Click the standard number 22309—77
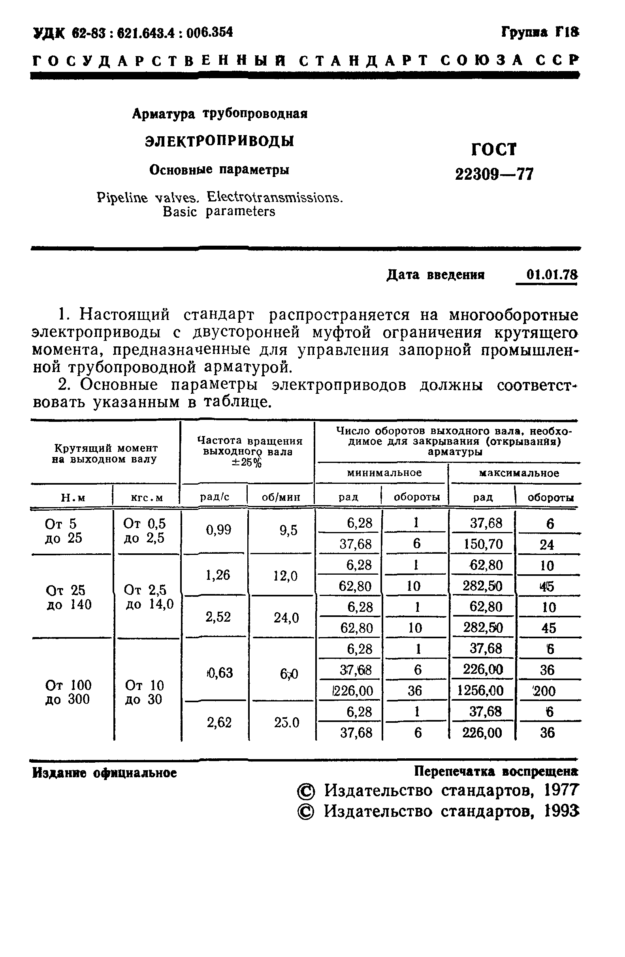point(494,174)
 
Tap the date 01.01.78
point(552,275)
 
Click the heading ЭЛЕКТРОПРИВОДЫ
point(219,141)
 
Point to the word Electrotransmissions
point(275,197)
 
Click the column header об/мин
point(281,497)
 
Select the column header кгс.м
point(147,498)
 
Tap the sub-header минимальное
point(384,472)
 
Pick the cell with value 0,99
point(218,530)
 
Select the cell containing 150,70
point(483,544)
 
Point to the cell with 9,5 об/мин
point(288,530)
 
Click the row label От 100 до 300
point(68,692)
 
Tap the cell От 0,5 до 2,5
point(144,530)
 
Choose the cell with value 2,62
point(219,722)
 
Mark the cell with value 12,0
point(286,576)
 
